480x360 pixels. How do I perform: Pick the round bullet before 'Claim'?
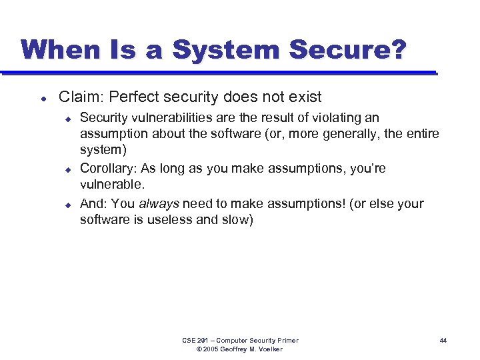tap(42, 98)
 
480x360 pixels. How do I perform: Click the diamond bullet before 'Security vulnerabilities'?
tap(67, 119)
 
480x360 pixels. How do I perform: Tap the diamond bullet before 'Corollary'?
tap(67, 169)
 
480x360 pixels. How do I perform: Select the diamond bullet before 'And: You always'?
tap(67, 204)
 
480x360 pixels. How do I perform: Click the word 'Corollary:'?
tap(109, 169)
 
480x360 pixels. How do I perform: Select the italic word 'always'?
tap(159, 203)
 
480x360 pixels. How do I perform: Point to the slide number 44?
tap(443, 341)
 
